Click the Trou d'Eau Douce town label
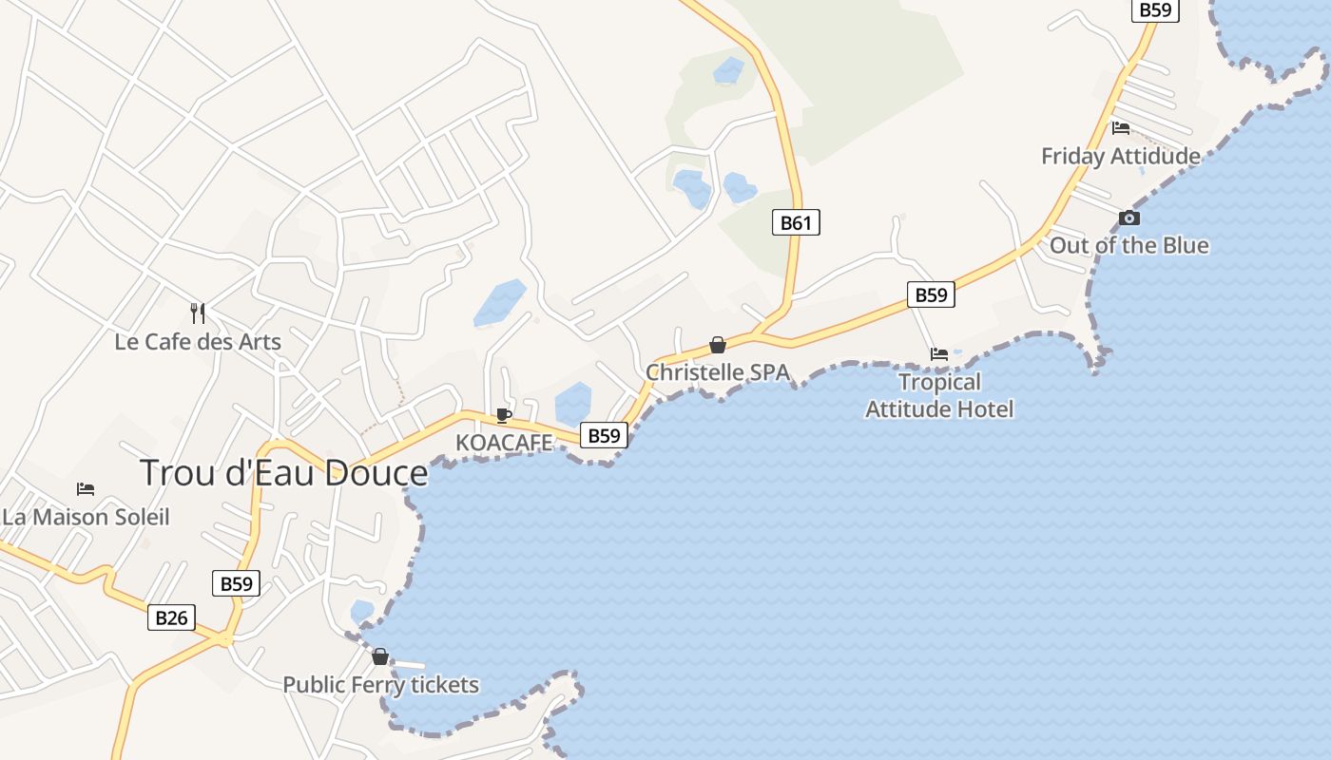[284, 472]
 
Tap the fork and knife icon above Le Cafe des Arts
[198, 313]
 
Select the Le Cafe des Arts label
[198, 341]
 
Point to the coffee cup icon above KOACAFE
[504, 415]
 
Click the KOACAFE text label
[504, 443]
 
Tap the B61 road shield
[795, 222]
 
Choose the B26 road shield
[171, 617]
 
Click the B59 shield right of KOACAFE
[604, 435]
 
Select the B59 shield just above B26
[235, 583]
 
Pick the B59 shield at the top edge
[1155, 9]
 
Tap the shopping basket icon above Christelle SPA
[718, 345]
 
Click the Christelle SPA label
[718, 372]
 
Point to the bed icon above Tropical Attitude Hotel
[939, 353]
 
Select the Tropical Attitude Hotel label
[939, 395]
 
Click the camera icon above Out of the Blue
[1129, 218]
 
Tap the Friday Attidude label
[1120, 156]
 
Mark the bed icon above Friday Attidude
[1121, 127]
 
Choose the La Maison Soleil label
[86, 517]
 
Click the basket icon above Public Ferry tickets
[380, 656]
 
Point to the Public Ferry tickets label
[380, 684]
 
